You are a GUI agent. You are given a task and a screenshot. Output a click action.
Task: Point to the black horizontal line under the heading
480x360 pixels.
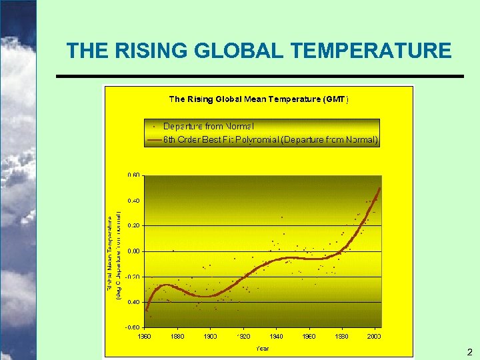point(259,76)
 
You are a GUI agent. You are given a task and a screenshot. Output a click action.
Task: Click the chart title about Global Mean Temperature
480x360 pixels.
point(258,99)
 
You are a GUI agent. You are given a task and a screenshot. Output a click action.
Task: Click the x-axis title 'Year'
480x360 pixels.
point(263,347)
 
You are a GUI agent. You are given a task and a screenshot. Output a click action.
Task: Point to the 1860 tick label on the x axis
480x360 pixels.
point(145,336)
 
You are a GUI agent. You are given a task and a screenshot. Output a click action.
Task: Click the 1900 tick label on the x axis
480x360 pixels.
point(210,336)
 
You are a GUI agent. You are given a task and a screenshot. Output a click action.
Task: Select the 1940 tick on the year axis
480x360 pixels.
point(276,336)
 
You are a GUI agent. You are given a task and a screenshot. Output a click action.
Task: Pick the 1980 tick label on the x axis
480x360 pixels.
point(342,336)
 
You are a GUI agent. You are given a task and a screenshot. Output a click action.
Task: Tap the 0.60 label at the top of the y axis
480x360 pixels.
point(133,175)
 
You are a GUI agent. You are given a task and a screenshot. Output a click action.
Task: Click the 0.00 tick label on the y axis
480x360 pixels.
point(133,251)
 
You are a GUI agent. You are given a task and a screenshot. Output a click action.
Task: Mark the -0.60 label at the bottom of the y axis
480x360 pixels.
point(133,327)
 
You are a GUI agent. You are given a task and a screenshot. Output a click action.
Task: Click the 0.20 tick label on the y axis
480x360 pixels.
point(133,226)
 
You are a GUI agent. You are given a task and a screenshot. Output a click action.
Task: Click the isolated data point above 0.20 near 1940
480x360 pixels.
point(282,217)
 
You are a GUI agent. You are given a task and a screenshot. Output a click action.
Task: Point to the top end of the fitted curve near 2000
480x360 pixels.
point(380,189)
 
